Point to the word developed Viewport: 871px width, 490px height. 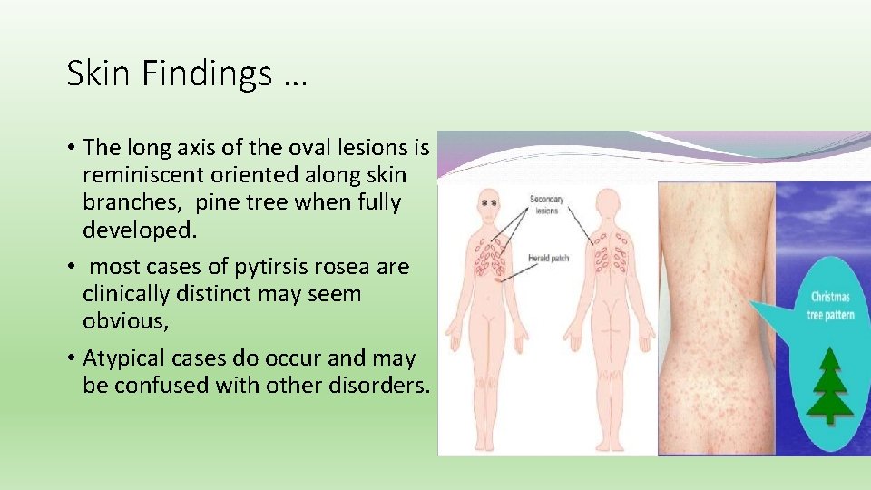click(x=139, y=230)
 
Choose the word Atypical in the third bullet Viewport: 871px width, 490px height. click(x=126, y=358)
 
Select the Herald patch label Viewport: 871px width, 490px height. click(x=548, y=259)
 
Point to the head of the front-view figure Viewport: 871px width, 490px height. click(x=489, y=201)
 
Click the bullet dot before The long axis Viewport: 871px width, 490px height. click(x=71, y=148)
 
